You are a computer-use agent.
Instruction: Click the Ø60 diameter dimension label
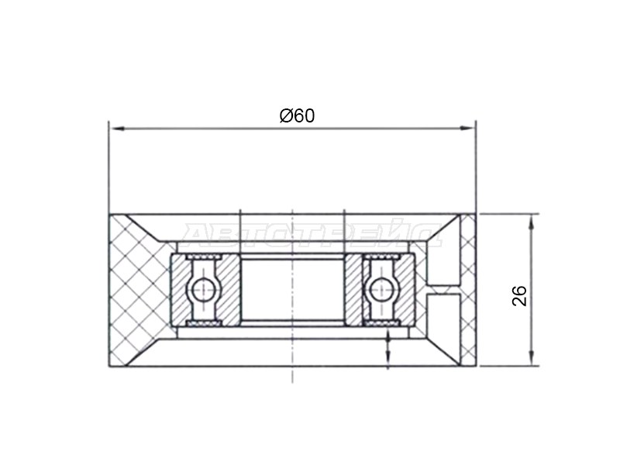point(297,115)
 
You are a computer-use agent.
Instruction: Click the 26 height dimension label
point(519,295)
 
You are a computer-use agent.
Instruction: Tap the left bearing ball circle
point(203,289)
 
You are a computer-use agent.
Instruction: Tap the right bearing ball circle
point(381,289)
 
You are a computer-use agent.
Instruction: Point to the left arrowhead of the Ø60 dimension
point(117,128)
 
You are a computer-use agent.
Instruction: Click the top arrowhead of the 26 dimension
point(533,222)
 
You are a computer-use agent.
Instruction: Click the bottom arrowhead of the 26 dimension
point(533,359)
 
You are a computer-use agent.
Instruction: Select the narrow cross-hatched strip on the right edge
point(468,290)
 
